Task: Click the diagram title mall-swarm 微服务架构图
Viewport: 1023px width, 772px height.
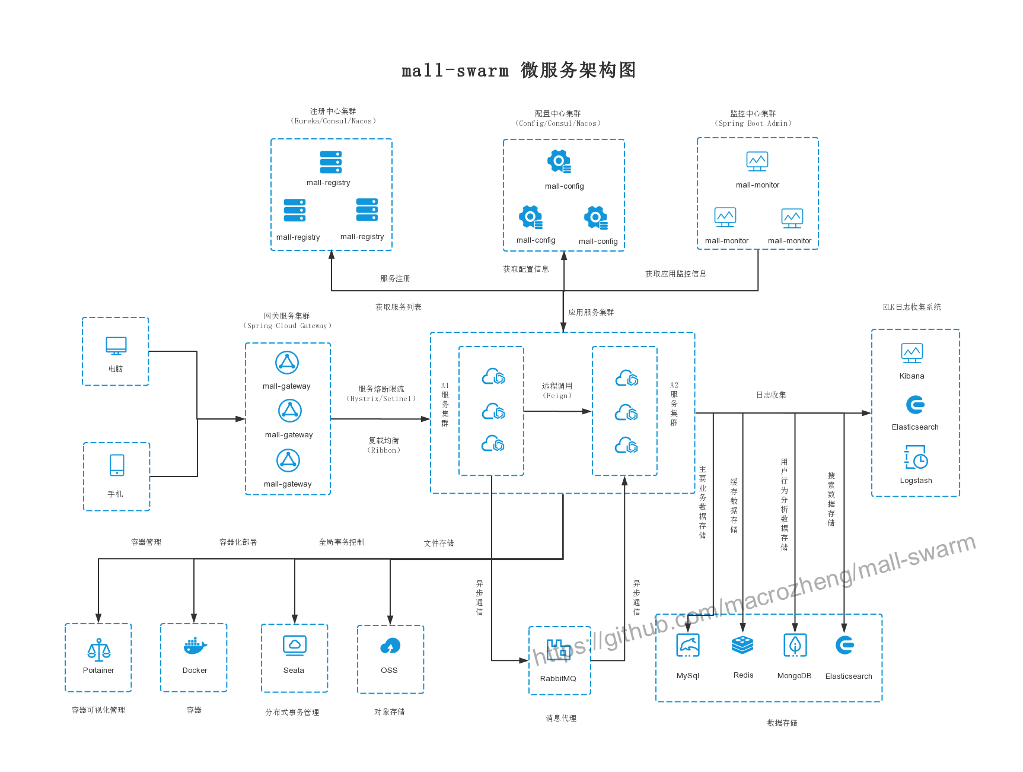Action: [x=519, y=70]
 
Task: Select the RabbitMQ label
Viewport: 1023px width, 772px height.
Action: [x=557, y=678]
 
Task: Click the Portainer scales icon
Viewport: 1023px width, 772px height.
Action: [x=98, y=650]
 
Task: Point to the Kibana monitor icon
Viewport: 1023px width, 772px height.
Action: [x=912, y=352]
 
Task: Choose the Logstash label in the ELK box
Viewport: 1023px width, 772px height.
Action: [x=916, y=481]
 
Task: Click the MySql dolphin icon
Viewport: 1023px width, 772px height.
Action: [x=688, y=645]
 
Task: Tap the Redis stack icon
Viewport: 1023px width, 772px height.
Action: [x=742, y=644]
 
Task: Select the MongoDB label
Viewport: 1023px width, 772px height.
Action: [x=794, y=676]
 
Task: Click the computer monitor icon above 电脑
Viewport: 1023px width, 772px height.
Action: [x=116, y=345]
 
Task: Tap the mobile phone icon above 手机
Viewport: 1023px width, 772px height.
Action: [x=117, y=465]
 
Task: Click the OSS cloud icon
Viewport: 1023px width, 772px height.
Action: [x=390, y=646]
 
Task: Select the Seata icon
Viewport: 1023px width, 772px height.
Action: [x=294, y=645]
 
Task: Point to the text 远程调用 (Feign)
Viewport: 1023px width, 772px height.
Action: [x=557, y=390]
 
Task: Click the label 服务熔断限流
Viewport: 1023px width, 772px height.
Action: [x=381, y=389]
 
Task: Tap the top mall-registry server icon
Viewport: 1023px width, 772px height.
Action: [x=331, y=162]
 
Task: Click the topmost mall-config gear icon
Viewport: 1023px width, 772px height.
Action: [x=559, y=161]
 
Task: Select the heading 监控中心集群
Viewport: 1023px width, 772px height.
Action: [x=753, y=113]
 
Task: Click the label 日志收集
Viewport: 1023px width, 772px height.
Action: [x=771, y=395]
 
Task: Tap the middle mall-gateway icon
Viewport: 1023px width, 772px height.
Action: [x=290, y=411]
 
